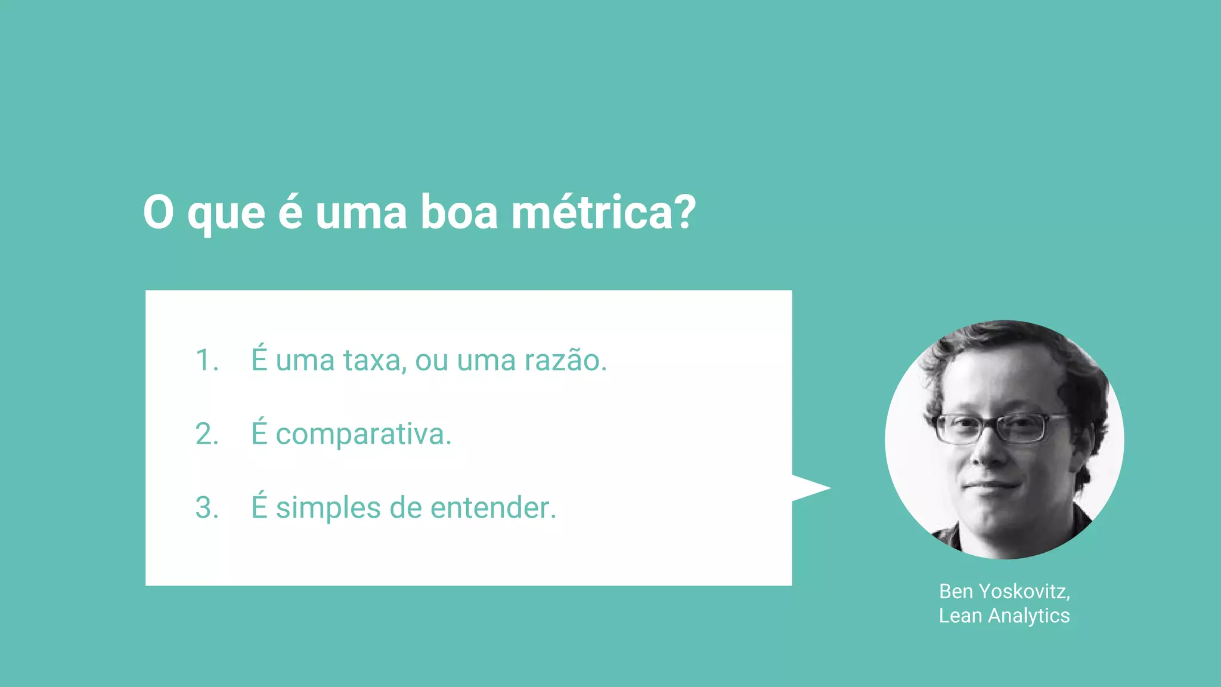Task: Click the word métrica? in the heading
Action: pos(603,213)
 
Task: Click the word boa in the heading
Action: pos(459,213)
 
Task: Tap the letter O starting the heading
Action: pos(159,213)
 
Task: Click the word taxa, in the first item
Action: pos(375,361)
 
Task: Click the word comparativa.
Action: pos(363,434)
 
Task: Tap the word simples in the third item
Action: pos(328,508)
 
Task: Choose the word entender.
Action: pos(493,508)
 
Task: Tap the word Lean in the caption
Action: pos(960,615)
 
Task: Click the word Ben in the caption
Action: pos(956,591)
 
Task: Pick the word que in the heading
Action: pos(226,213)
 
